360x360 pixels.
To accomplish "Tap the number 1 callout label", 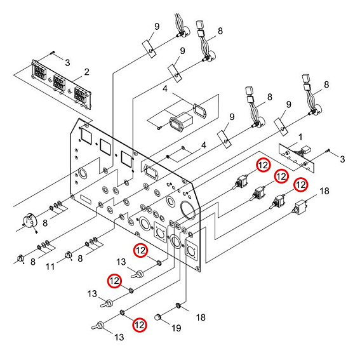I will pos(301,137).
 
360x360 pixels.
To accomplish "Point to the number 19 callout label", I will pos(177,328).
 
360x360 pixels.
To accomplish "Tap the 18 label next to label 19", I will pos(201,317).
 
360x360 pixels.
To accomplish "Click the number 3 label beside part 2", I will pos(67,62).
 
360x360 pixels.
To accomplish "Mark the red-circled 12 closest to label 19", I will pos(139,324).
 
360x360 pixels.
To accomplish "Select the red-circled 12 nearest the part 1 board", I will pos(263,164).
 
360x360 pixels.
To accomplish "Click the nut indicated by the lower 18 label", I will pos(180,306).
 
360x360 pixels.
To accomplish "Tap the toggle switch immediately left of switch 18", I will pos(278,201).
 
